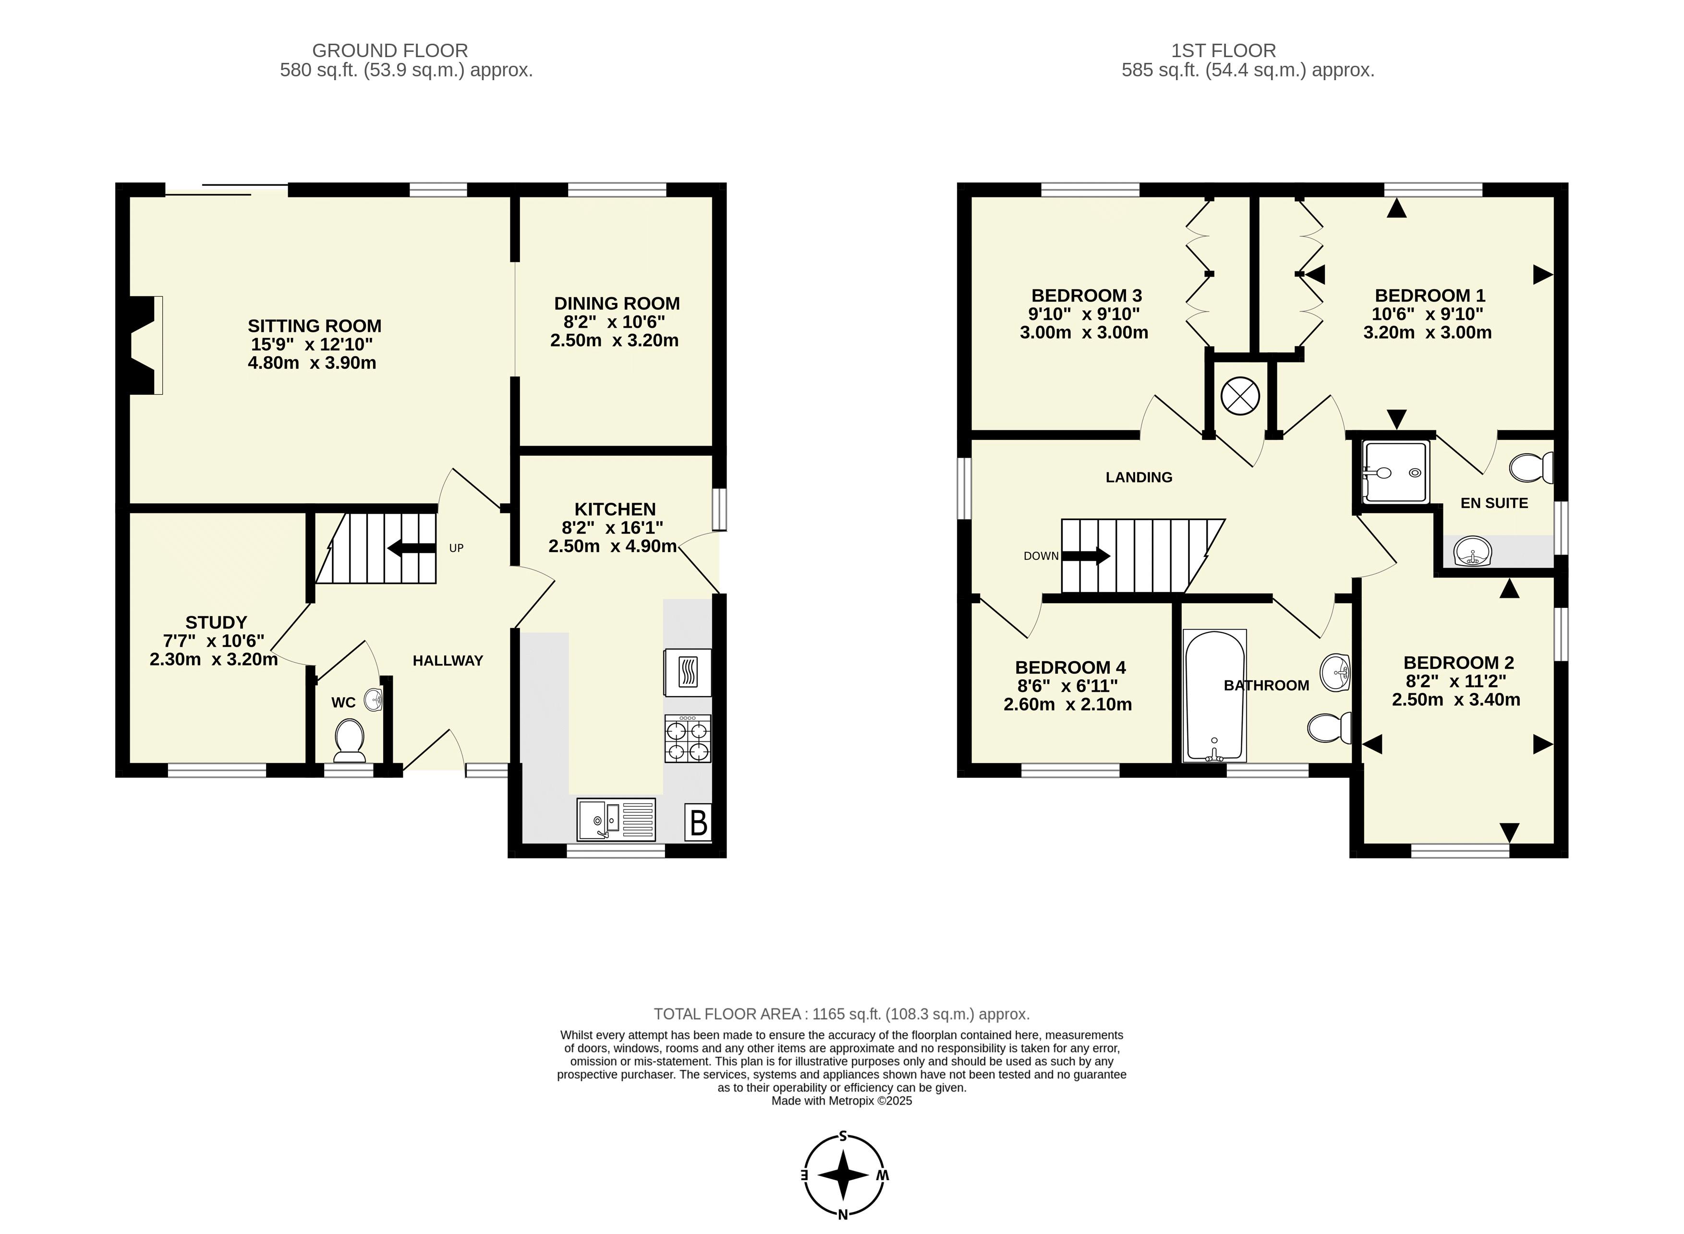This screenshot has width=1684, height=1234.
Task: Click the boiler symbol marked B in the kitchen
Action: point(698,822)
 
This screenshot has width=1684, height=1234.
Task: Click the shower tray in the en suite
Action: point(1395,472)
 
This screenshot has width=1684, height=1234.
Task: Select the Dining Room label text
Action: point(617,303)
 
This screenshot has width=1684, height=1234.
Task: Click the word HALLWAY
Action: point(448,660)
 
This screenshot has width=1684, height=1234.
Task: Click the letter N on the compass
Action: point(843,1214)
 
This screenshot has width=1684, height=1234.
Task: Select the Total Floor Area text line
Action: point(842,1014)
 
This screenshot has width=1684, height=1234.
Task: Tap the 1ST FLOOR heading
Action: point(1224,51)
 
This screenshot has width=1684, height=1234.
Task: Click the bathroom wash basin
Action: point(1336,672)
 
